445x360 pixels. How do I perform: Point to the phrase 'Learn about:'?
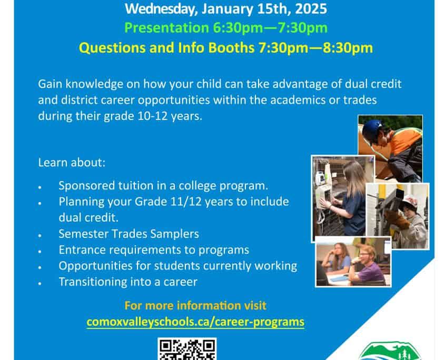tap(72, 162)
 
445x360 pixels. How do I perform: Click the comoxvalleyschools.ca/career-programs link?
tap(195, 322)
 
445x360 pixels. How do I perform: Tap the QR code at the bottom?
tap(187, 349)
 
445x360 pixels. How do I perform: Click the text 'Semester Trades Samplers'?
tap(128, 233)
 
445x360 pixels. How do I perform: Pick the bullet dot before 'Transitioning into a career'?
tap(41, 283)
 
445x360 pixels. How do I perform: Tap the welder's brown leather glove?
tap(400, 219)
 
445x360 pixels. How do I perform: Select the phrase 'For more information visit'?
tap(195, 305)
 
